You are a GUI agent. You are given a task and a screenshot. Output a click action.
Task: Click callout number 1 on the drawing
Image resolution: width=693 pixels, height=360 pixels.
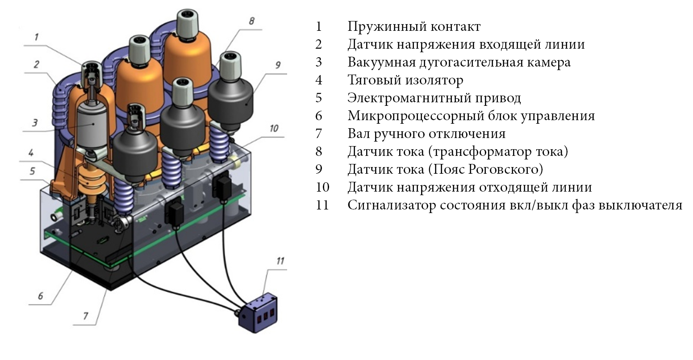37,37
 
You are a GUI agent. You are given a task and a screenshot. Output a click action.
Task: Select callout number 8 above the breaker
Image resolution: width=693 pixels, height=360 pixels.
251,21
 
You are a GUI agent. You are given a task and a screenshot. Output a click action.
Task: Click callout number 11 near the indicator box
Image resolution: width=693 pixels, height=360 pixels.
280,261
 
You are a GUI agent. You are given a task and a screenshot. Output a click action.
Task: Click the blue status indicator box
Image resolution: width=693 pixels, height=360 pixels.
258,312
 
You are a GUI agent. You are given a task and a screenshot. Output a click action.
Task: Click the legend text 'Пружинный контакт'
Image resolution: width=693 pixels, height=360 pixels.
414,27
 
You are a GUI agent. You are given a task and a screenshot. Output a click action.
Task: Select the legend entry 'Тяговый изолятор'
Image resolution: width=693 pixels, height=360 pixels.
405,80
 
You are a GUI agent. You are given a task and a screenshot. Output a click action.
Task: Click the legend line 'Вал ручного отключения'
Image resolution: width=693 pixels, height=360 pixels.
426,134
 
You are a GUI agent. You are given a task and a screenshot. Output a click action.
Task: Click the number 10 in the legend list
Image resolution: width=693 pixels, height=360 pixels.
322,188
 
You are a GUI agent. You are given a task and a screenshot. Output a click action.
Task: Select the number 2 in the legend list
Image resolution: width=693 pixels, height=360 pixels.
318,45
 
